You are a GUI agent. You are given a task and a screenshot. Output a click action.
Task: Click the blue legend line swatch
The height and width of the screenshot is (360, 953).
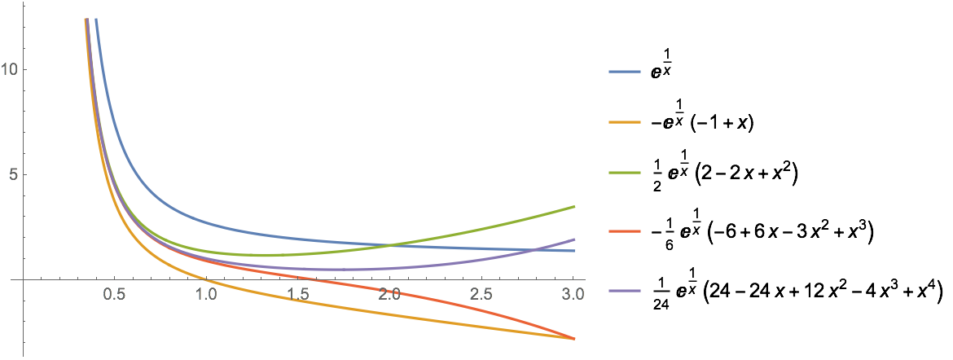625,72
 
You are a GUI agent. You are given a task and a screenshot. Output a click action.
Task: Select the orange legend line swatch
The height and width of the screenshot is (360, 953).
625,123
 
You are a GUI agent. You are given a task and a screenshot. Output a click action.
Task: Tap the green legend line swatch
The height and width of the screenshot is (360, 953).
625,173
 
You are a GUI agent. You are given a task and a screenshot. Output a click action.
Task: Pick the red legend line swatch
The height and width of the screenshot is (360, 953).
625,231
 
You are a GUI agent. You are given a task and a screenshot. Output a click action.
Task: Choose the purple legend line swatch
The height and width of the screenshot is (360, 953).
625,291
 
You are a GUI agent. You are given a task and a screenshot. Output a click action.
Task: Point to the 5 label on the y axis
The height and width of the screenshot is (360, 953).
12,174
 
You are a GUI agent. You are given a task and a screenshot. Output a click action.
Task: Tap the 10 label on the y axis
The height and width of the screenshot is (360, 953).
9,70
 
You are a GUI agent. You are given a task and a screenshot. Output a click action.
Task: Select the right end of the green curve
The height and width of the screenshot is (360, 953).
574,206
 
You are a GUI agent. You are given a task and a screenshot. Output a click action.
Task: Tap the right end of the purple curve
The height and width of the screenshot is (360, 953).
574,239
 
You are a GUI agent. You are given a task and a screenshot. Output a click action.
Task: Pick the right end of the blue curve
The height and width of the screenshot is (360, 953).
574,251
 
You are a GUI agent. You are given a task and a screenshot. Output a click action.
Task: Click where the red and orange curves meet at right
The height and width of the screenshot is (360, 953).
574,338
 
